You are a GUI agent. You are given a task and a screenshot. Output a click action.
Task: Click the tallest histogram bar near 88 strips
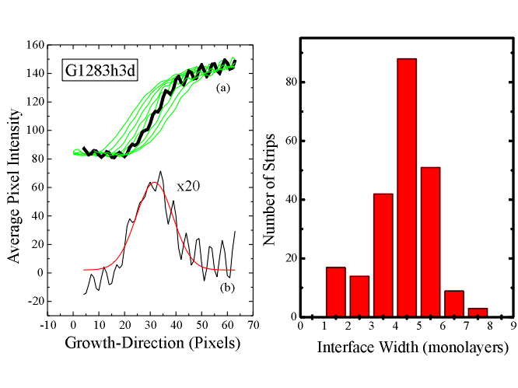406,187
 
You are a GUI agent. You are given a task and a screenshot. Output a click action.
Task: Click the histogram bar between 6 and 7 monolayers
454,304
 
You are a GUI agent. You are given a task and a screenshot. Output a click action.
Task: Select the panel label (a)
224,89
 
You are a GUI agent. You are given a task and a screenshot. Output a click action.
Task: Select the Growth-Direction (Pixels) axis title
152,342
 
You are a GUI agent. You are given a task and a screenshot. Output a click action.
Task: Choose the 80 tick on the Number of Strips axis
287,82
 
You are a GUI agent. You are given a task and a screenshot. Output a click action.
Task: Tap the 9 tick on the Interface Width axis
514,327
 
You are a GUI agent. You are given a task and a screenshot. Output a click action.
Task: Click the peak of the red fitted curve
156,183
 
